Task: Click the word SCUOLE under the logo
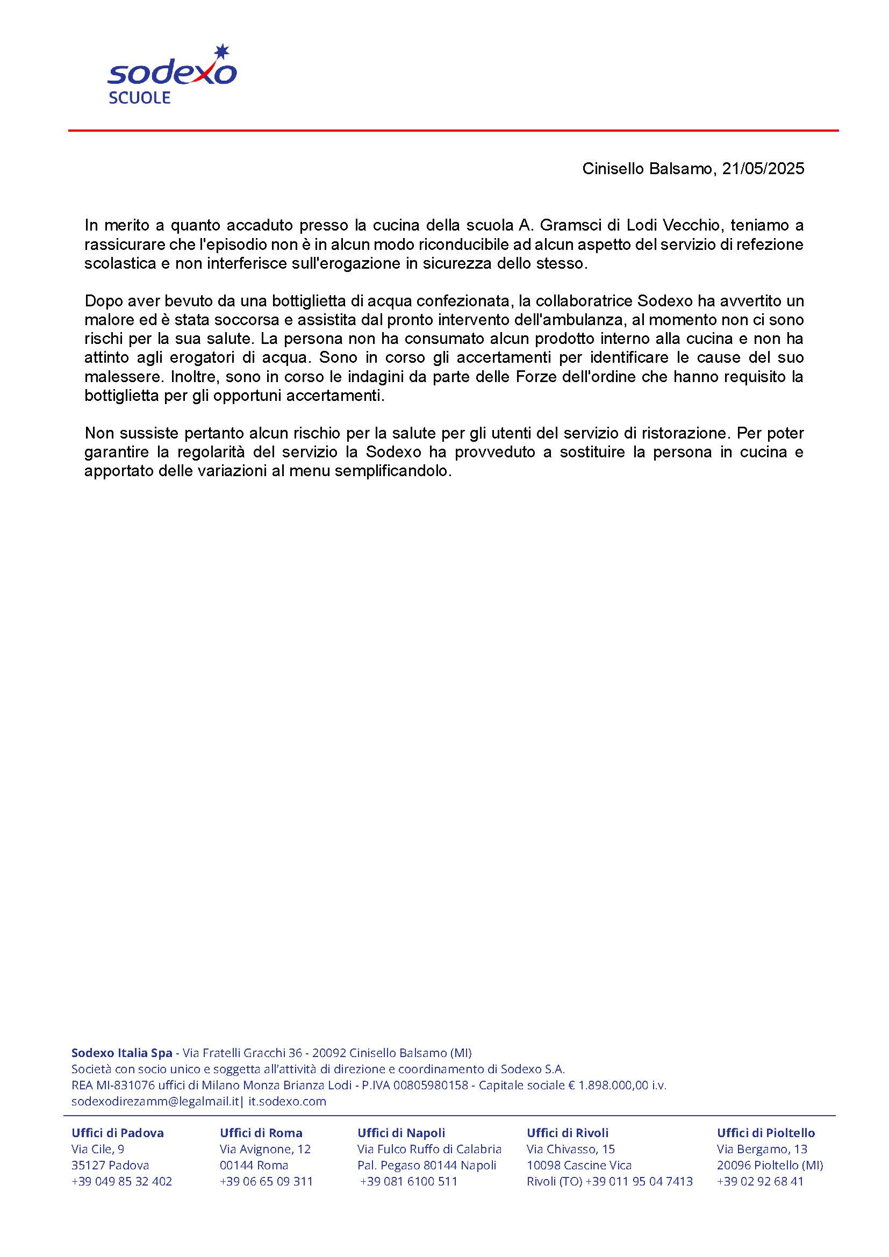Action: (140, 98)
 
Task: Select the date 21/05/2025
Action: (763, 169)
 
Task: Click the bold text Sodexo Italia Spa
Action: (121, 1053)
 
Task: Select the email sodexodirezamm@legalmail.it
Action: (155, 1101)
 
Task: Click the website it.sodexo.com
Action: (288, 1101)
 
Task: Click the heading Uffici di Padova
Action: (118, 1133)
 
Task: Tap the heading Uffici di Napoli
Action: (402, 1133)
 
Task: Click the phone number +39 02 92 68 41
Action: (760, 1181)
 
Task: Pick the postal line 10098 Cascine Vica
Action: (579, 1165)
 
